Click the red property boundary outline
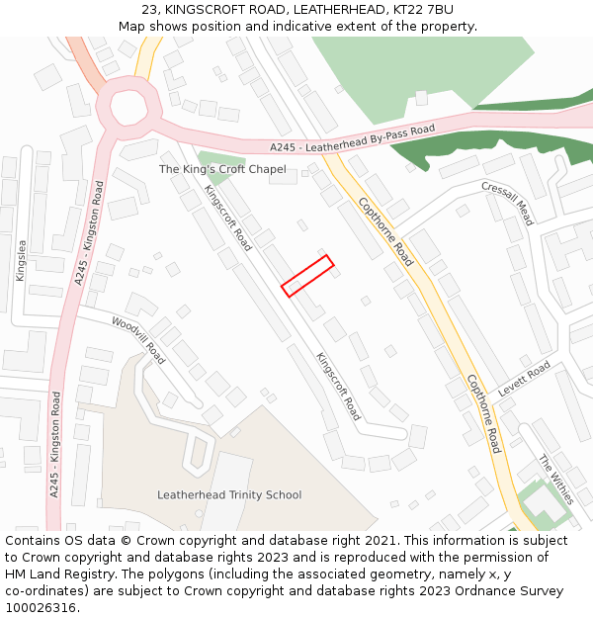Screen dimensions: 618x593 (307, 275)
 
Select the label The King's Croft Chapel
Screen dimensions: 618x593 (222, 170)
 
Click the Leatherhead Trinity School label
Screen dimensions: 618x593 (229, 494)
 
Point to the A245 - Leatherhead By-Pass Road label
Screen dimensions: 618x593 (353, 138)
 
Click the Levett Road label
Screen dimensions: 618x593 (524, 379)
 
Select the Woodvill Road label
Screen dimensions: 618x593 (138, 335)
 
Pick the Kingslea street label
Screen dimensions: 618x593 (22, 260)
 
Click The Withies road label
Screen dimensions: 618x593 (555, 480)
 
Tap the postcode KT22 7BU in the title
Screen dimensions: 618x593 (421, 9)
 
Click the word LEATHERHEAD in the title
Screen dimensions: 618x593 (332, 9)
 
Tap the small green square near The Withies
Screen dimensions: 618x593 (539, 502)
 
